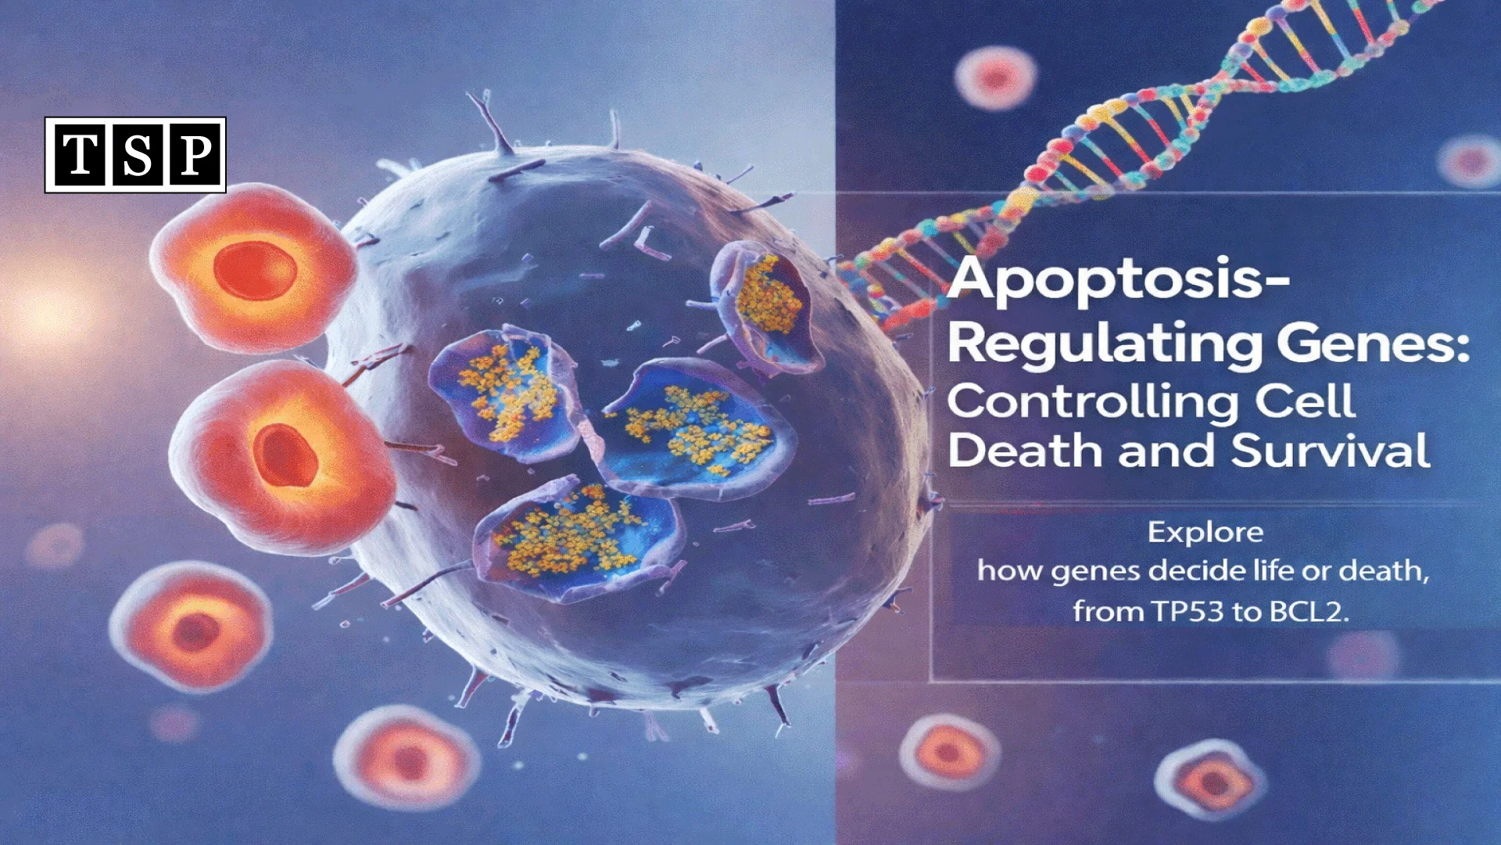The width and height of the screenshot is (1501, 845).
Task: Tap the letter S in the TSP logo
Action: click(137, 155)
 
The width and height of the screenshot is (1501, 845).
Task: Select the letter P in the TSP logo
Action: click(195, 155)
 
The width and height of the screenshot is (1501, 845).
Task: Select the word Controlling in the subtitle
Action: click(1091, 402)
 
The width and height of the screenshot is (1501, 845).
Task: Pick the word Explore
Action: click(1205, 533)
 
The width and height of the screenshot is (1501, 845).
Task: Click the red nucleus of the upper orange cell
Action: click(255, 270)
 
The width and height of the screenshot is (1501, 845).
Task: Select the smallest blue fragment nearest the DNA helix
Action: click(766, 301)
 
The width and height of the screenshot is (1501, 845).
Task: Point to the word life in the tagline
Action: click(1273, 570)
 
